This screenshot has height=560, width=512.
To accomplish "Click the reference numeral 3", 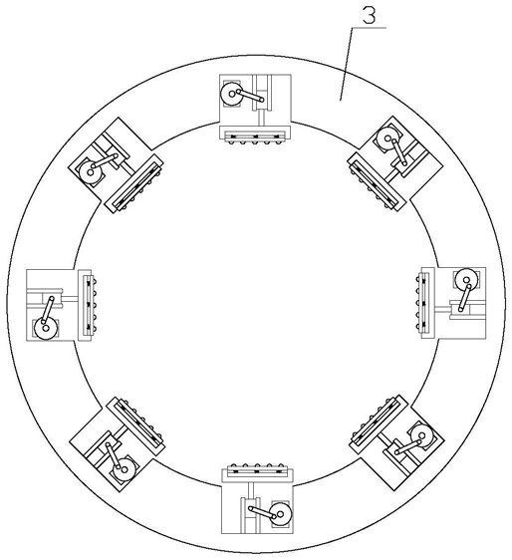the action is [370, 16].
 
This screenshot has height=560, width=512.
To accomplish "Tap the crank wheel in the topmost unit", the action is [231, 94].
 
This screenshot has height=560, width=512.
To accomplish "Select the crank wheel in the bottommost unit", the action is [281, 514].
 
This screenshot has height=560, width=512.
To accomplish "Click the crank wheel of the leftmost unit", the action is [46, 328].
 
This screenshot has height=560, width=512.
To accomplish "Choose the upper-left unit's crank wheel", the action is [90, 172].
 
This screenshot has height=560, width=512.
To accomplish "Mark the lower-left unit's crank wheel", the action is [125, 469].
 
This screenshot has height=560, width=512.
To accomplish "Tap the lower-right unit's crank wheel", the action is [422, 436].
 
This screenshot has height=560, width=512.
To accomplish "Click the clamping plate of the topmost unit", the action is [255, 133].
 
